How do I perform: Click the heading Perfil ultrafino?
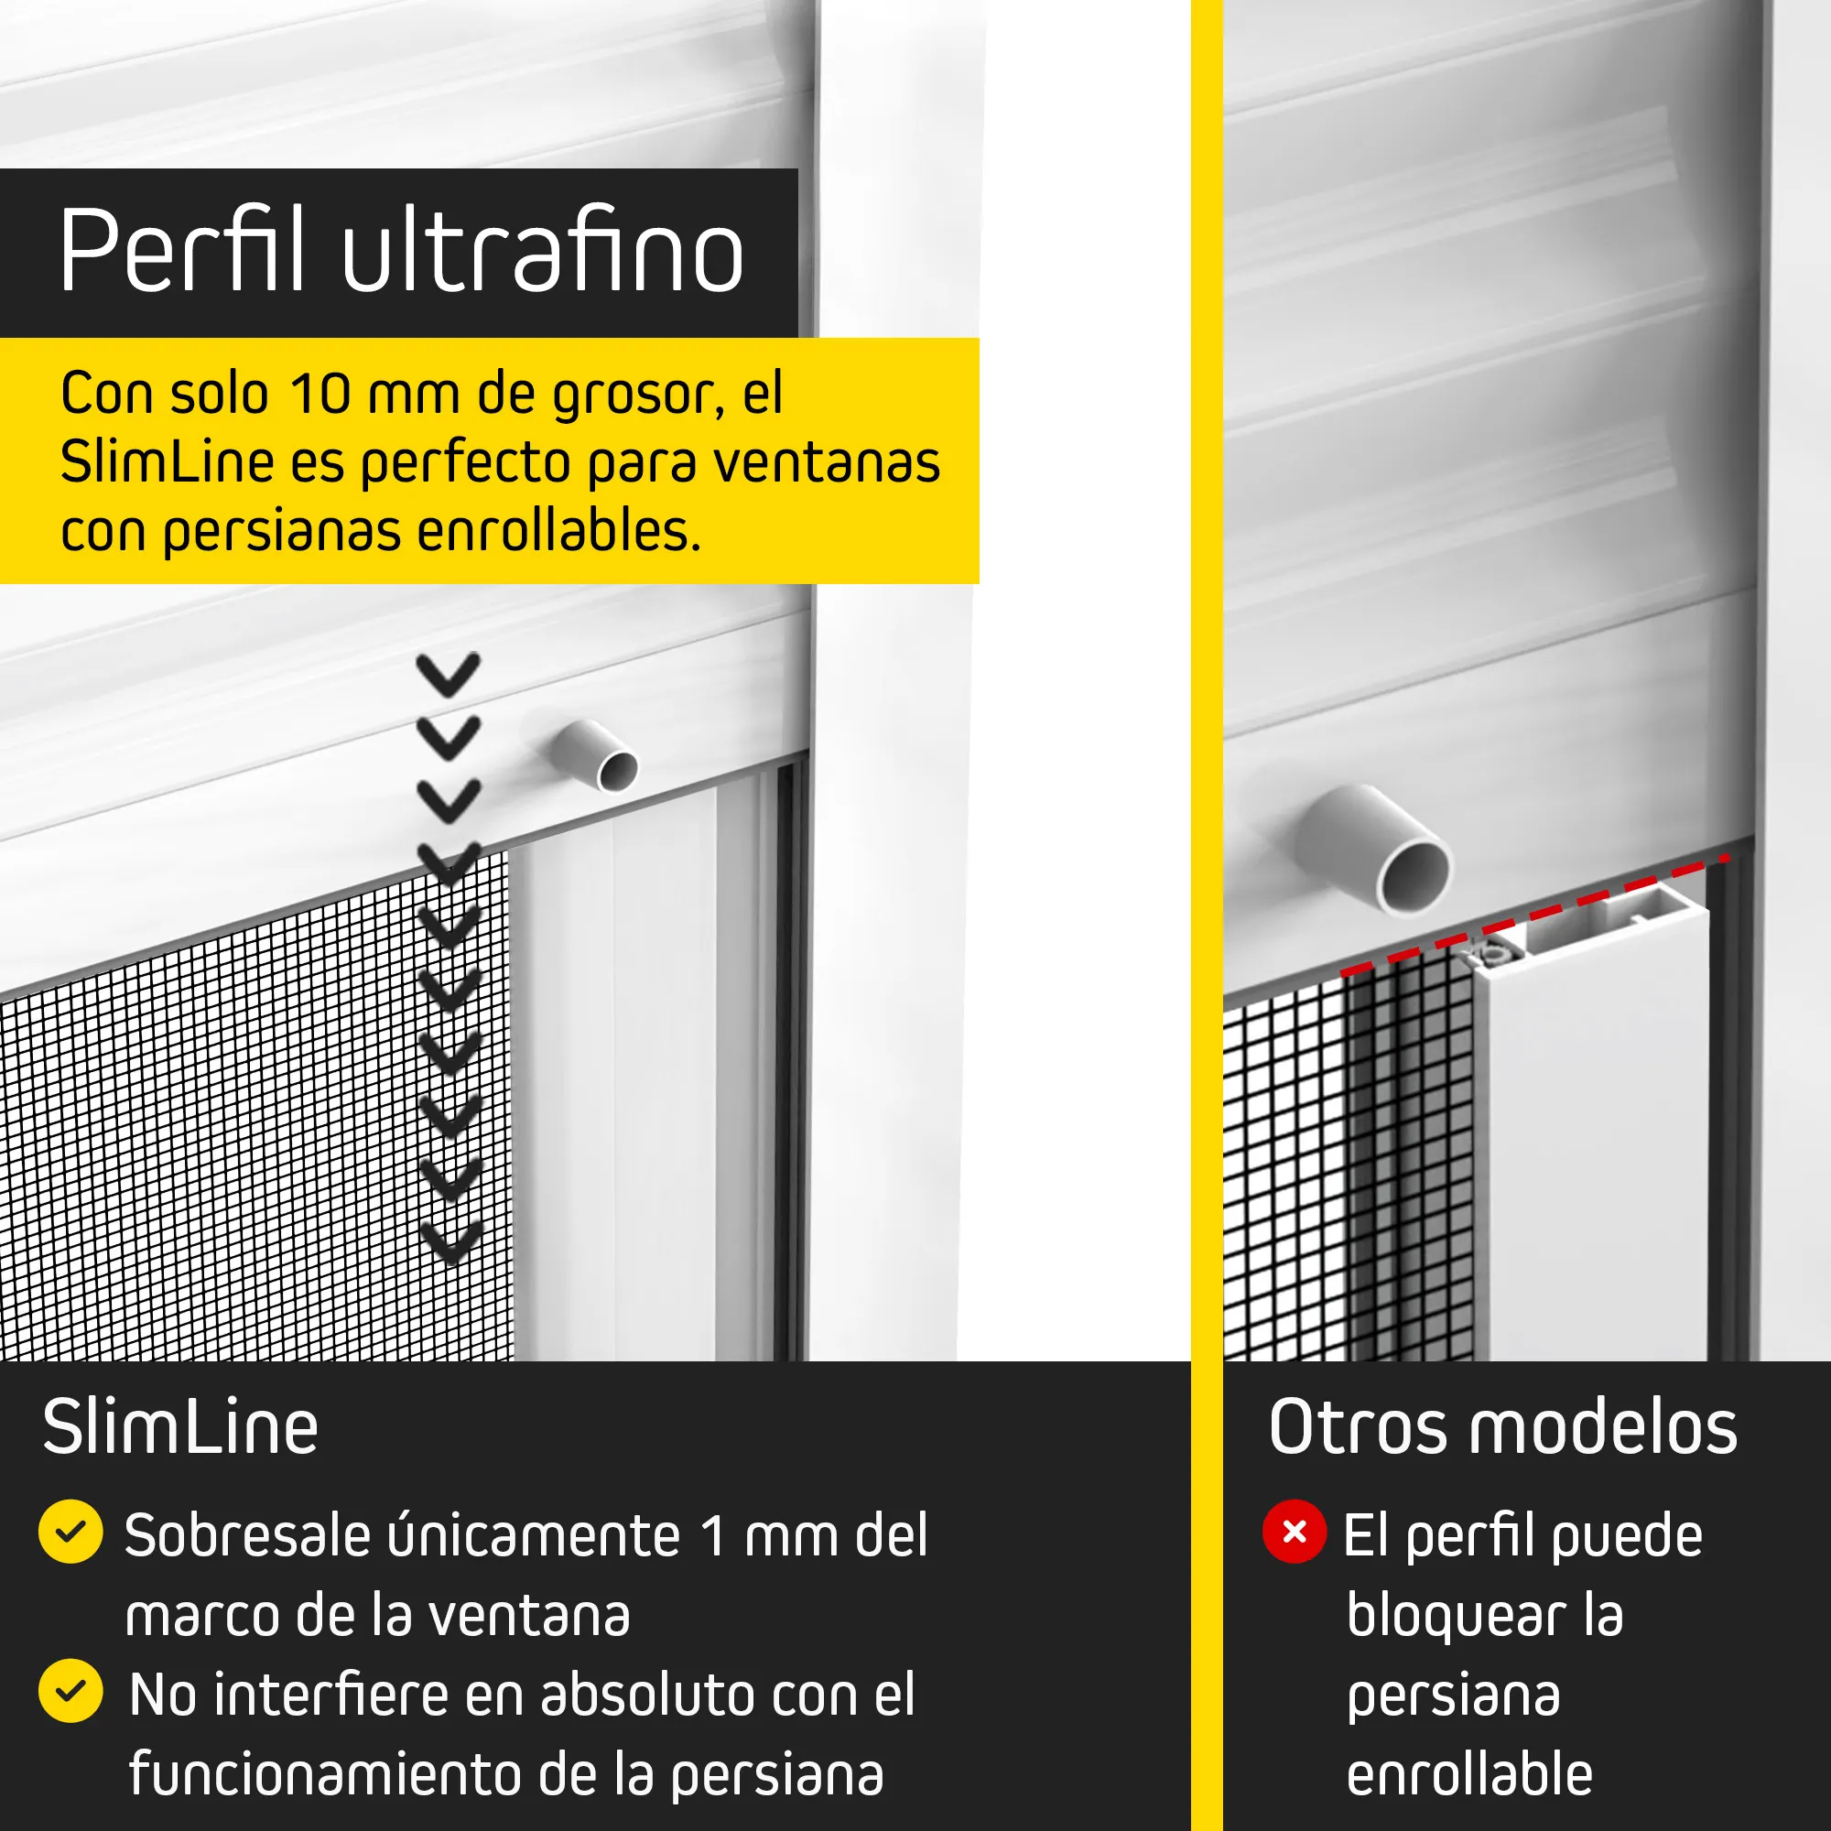(x=401, y=250)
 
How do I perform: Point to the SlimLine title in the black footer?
(x=180, y=1427)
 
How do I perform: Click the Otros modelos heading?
(x=1503, y=1427)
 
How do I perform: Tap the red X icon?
(x=1295, y=1532)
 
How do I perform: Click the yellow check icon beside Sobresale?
(x=71, y=1532)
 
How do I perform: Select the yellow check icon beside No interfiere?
(x=71, y=1691)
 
